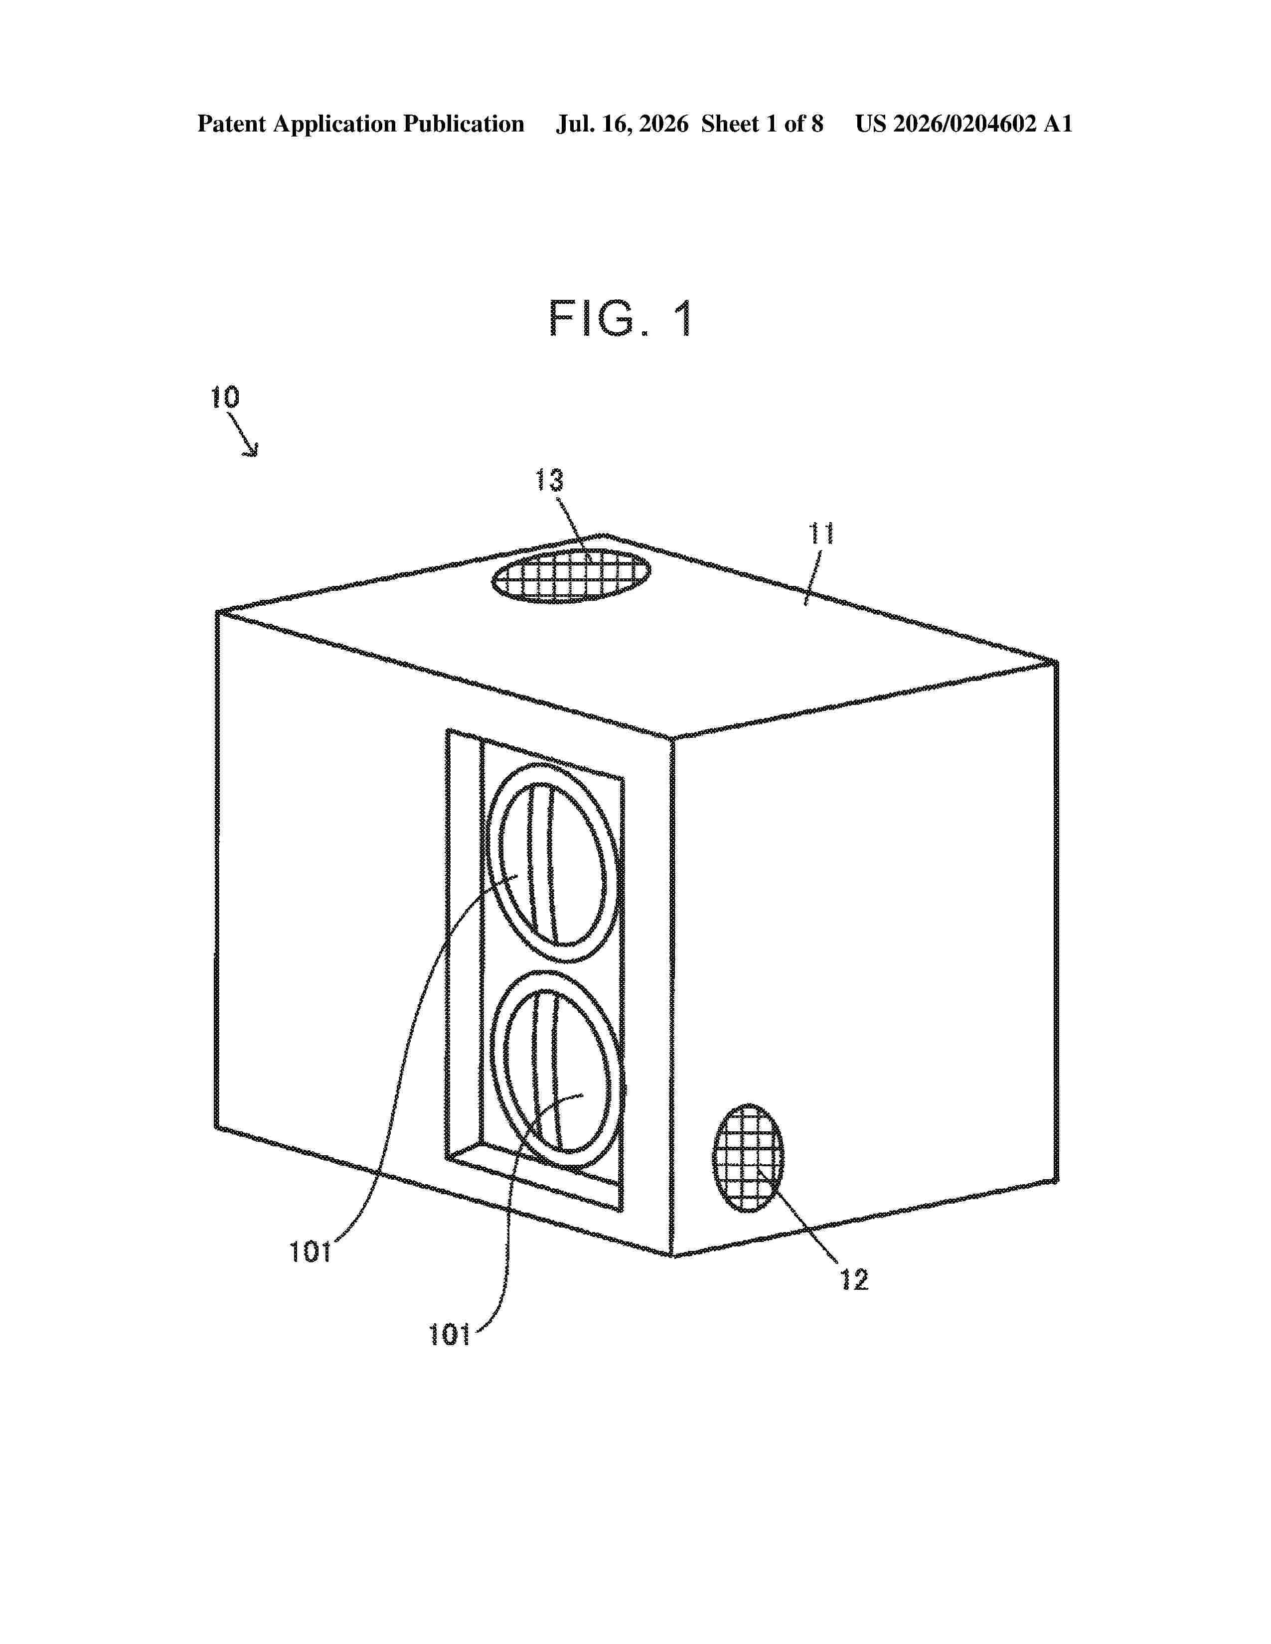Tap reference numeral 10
tap(224, 398)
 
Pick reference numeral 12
tap(855, 1280)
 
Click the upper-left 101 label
tap(310, 1252)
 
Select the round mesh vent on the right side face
tap(748, 1158)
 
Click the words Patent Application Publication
tap(361, 124)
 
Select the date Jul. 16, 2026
tap(622, 124)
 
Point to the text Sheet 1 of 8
tap(762, 124)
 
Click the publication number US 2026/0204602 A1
tap(964, 124)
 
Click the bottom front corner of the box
tap(671, 1255)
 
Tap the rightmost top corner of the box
tap(1056, 662)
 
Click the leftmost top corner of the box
tap(218, 611)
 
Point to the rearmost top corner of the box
tap(605, 535)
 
